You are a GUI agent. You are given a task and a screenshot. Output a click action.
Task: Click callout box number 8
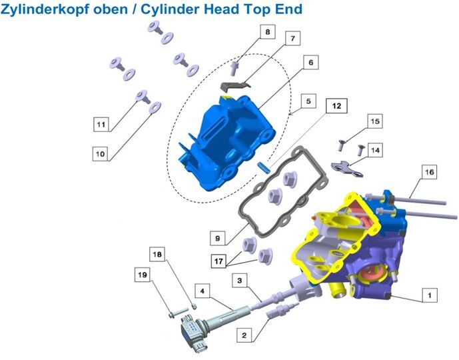coord(268,31)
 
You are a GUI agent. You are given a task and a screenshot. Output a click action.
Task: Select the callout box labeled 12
coord(336,106)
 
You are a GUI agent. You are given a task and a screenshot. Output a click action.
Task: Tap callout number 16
coord(429,171)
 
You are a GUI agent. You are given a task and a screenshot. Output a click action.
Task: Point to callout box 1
coord(430,295)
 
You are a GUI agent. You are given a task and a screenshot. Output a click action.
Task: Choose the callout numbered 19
coord(143,275)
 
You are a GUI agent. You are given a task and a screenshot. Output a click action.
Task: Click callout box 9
coord(217,238)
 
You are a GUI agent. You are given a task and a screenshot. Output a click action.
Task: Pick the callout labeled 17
coord(219,261)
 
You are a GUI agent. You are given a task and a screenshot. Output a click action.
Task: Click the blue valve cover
coord(225,143)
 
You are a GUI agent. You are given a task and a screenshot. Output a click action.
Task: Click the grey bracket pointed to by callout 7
coord(235,85)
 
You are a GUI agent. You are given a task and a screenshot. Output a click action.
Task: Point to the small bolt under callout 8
coord(234,68)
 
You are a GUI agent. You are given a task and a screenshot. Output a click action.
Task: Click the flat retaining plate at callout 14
coord(347,169)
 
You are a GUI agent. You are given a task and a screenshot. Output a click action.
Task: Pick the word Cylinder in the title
coord(171,9)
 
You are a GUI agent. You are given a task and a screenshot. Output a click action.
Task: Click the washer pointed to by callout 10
coord(155,107)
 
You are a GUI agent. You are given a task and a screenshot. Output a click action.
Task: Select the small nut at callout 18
coord(193,306)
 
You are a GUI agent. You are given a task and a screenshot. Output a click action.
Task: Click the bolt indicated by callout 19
coord(179,313)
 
